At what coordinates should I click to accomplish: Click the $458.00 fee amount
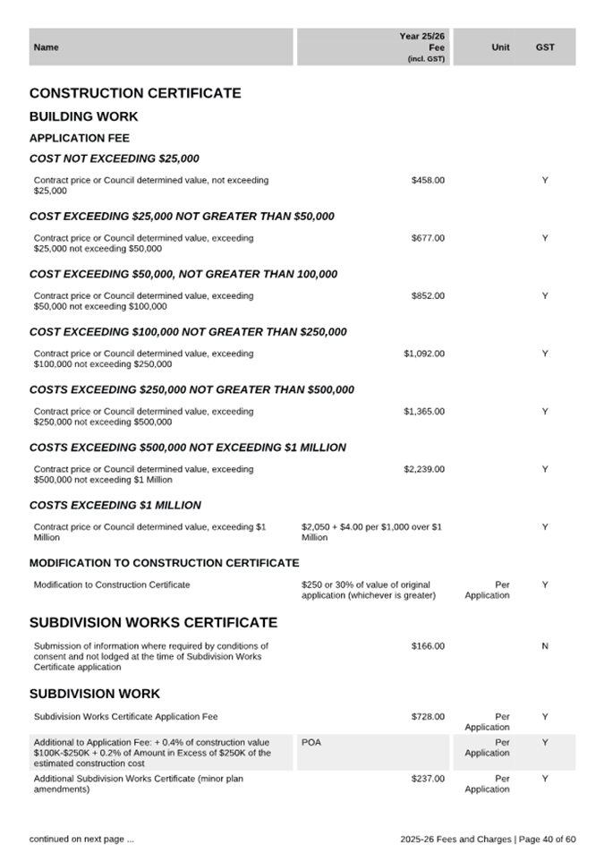point(428,181)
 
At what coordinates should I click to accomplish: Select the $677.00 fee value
point(428,238)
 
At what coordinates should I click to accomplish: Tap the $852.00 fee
point(428,295)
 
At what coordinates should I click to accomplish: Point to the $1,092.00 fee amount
point(424,354)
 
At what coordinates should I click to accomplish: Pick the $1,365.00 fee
point(424,412)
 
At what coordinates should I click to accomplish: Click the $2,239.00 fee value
point(424,469)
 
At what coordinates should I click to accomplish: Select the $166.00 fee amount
point(428,645)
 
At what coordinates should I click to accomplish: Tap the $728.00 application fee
point(428,717)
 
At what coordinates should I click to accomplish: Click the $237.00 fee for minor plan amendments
point(428,779)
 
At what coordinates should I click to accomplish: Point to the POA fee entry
point(311,743)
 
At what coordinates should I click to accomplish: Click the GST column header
point(545,47)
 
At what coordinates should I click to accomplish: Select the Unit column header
point(501,47)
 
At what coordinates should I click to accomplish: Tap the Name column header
point(46,47)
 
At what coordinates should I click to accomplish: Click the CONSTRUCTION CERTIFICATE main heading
point(135,93)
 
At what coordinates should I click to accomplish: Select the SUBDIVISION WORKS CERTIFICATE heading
point(153,623)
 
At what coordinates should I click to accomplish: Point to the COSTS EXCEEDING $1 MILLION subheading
point(115,505)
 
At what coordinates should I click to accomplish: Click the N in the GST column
point(545,645)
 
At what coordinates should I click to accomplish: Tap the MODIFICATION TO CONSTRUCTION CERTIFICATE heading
point(164,563)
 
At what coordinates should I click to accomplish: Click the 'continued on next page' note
point(81,839)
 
